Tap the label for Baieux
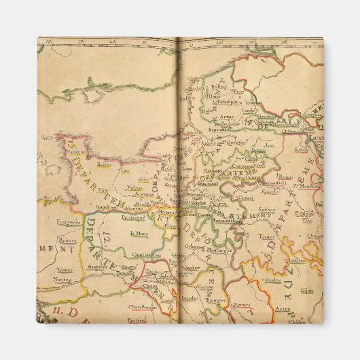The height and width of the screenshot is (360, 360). pos(105,164)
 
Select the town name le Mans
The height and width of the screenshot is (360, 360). pos(139,233)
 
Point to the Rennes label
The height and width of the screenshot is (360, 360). pos(67,239)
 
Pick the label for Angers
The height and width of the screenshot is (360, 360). pos(94,268)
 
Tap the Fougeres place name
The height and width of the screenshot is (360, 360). pos(69,221)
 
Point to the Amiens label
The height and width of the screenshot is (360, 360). pos(209,143)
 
